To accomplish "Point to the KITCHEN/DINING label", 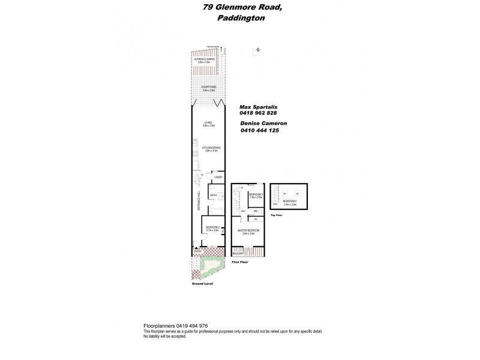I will tap(208, 148).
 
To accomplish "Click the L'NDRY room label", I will tap(219, 177).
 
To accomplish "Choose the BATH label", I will tap(213, 196).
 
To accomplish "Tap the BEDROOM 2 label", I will tap(213, 227).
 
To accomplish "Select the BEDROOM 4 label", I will tap(292, 202).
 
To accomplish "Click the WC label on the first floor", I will tap(255, 211).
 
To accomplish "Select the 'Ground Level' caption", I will tap(202, 284).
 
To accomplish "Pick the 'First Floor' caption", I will tap(239, 262).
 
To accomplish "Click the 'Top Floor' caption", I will tap(276, 215).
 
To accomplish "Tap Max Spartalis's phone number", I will tap(259, 113).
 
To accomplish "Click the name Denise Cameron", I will tap(263, 123).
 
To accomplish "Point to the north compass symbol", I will tap(257, 50).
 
